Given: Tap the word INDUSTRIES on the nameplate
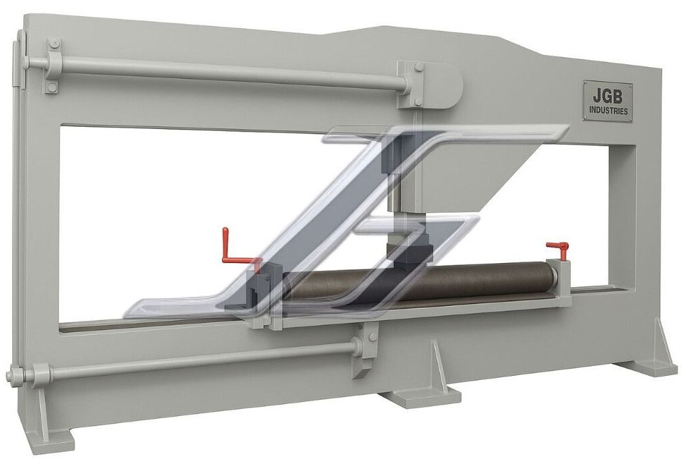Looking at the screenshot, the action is coord(608,111).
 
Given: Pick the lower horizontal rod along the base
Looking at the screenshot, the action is coord(197,360).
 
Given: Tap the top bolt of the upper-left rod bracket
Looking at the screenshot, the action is coord(54,44).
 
